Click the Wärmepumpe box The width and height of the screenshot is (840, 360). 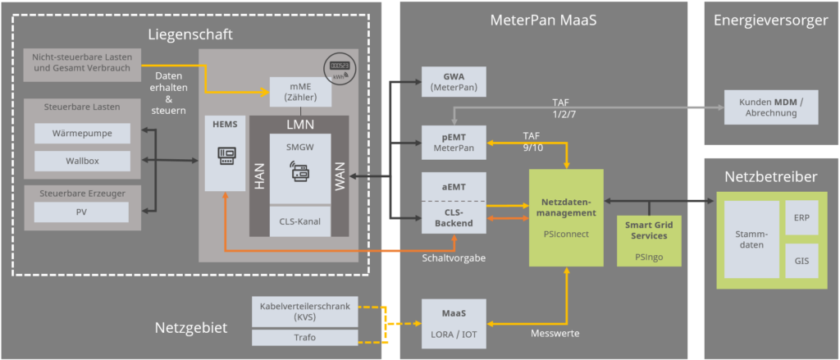point(82,133)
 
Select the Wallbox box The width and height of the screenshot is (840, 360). point(82,161)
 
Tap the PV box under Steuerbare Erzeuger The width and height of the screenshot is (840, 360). point(81,212)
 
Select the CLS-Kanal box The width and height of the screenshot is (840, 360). point(300,221)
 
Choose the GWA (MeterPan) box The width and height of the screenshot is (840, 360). point(454,82)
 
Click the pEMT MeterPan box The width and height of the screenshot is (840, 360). point(454,142)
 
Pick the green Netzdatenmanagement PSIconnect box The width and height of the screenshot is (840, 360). point(566,216)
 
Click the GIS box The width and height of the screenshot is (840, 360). point(801,260)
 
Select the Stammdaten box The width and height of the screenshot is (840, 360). point(751,239)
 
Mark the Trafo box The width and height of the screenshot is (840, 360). point(304,337)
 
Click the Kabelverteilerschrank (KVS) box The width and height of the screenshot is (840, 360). point(304,312)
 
